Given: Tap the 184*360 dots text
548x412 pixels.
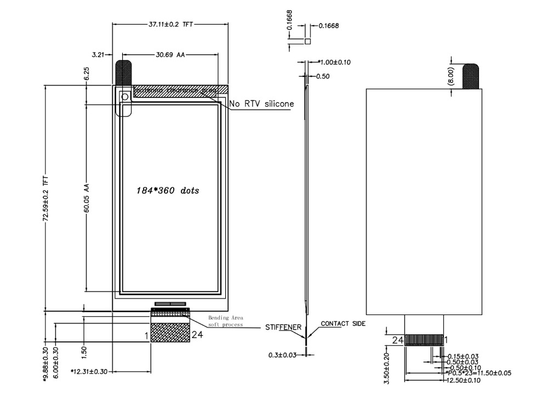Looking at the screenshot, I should click(168, 191).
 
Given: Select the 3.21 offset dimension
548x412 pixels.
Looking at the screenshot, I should click(98, 55).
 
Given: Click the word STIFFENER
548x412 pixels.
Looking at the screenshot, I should click(283, 328).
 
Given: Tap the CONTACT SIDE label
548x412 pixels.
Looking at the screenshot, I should click(343, 324).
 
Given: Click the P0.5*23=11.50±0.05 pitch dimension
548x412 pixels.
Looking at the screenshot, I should click(480, 373).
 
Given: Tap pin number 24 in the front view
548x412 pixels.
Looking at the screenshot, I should click(198, 335).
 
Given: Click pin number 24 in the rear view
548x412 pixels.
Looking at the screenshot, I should click(398, 340).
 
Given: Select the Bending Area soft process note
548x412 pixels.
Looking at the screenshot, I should click(225, 321).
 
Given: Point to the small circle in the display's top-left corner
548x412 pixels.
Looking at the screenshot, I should click(125, 97).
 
